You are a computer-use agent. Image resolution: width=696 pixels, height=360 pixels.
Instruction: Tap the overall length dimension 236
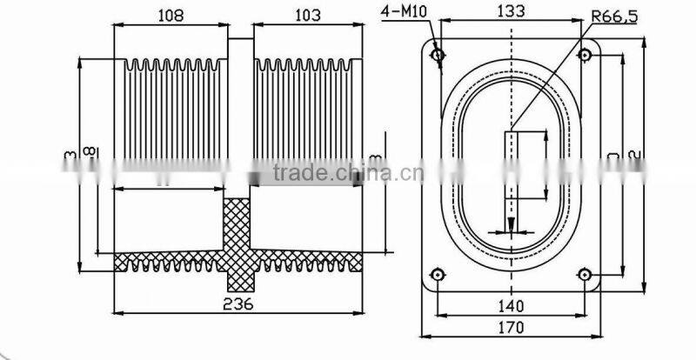click(x=238, y=303)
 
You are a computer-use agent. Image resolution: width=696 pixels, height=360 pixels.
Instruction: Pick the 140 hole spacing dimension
click(x=512, y=305)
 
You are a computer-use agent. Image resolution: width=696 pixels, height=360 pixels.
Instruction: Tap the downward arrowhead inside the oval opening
click(x=512, y=225)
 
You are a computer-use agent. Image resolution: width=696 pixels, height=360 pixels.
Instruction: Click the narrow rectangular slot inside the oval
click(x=512, y=174)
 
